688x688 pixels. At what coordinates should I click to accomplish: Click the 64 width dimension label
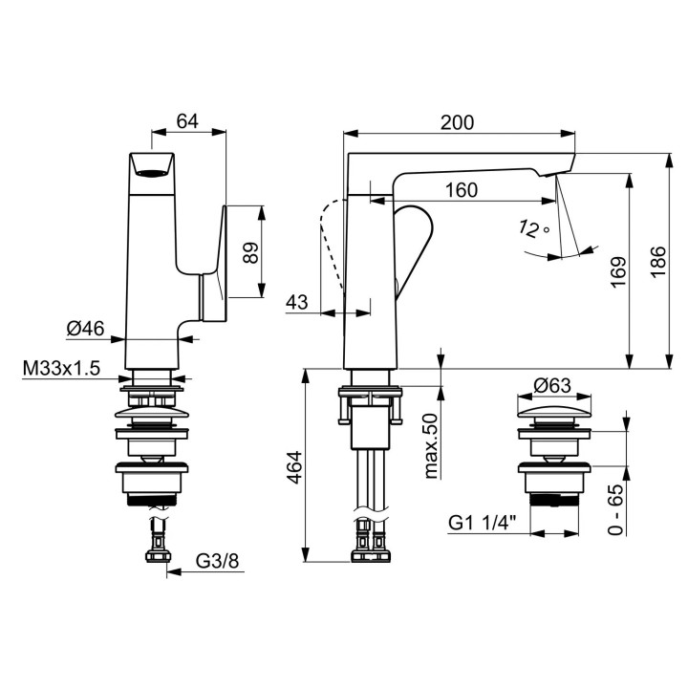187,121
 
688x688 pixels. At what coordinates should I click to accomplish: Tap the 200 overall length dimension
457,122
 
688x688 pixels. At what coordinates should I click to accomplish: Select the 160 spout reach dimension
462,190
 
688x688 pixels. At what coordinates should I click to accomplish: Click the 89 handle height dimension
251,252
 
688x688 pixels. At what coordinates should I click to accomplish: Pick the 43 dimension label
297,302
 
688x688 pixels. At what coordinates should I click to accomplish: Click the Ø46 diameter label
86,328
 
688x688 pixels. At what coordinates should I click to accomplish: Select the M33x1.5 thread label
61,368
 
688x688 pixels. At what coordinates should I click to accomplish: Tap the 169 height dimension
618,272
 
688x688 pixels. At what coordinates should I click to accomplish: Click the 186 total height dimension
657,262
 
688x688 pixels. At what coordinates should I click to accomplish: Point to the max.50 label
431,446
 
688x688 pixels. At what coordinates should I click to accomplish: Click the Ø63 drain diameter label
552,386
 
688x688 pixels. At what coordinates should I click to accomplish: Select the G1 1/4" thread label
483,523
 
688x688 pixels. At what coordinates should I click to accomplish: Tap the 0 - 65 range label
615,509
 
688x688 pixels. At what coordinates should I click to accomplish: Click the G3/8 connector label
217,560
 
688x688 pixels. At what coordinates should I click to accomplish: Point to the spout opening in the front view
152,173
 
